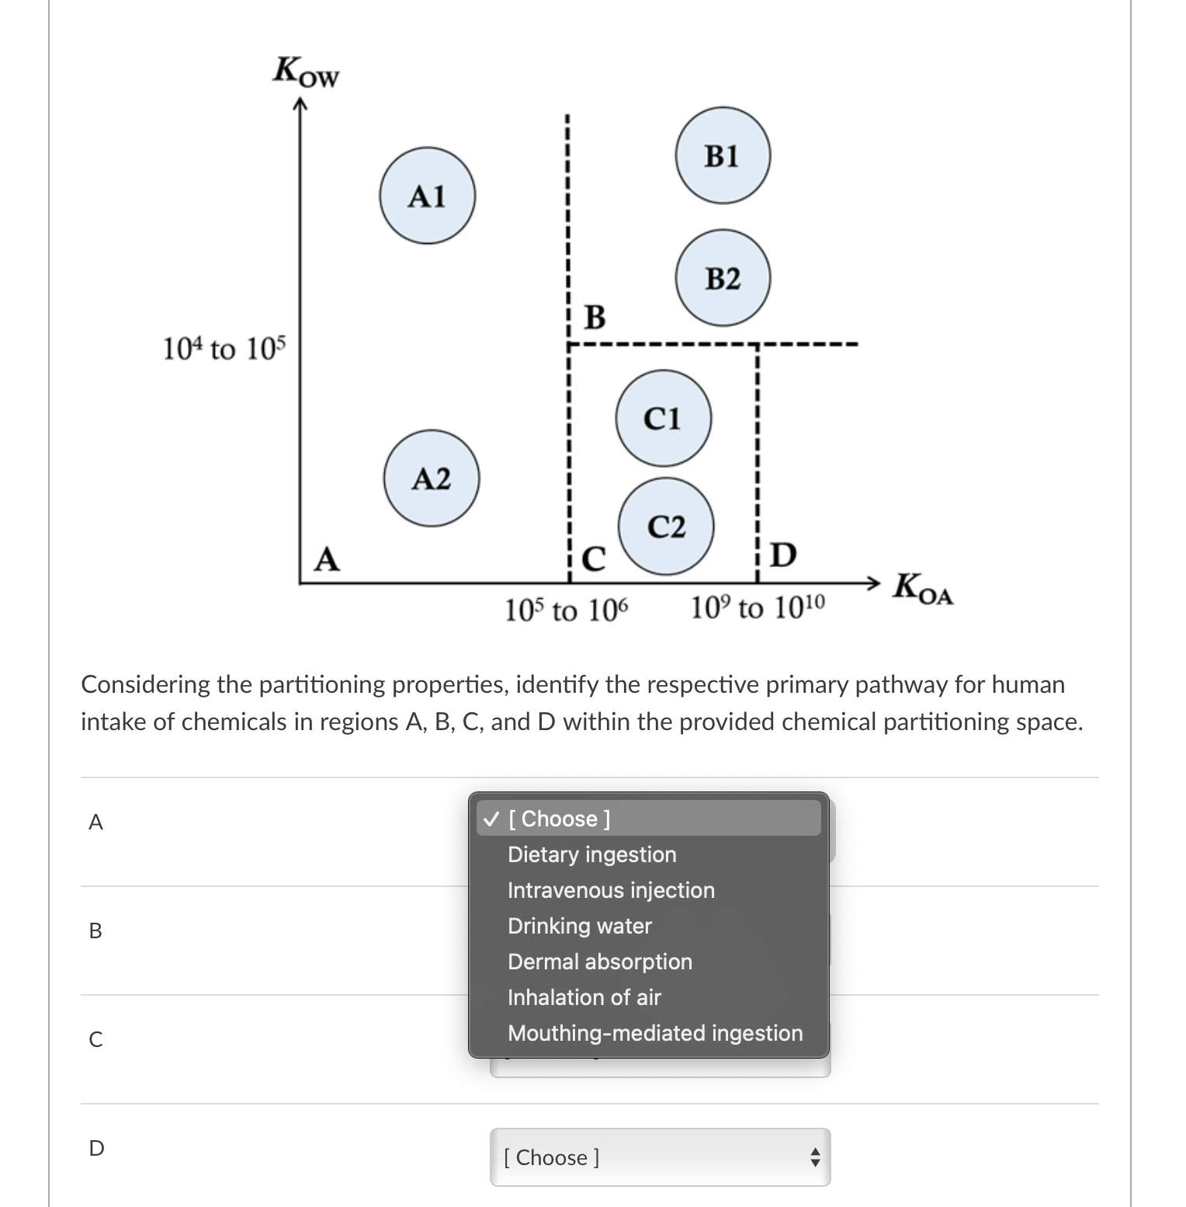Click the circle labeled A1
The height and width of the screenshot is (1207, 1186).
[x=427, y=196]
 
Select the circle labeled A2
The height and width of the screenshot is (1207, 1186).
[x=431, y=478]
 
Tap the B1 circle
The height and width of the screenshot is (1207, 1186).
[x=723, y=155]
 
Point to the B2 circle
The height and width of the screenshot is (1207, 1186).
[x=723, y=277]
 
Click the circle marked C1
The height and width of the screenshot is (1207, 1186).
[x=663, y=419]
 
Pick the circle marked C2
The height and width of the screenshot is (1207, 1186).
[x=667, y=527]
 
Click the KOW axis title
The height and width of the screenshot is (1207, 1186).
[x=306, y=72]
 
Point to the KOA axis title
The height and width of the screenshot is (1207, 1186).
[x=922, y=588]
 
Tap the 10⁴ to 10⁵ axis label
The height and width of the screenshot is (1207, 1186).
[x=224, y=349]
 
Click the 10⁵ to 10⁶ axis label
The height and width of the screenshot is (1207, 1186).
[x=567, y=610]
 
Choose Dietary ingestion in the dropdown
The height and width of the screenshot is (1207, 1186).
[x=591, y=854]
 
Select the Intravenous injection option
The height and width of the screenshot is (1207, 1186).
[x=610, y=890]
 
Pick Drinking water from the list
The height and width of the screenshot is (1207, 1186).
[x=579, y=926]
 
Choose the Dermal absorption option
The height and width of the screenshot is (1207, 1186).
[x=599, y=962]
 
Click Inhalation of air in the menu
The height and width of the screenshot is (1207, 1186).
[x=584, y=997]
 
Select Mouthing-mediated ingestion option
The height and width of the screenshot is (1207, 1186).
[x=654, y=1033]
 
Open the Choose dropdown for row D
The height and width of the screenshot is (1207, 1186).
[x=660, y=1157]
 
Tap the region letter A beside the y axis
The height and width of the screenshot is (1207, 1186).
[x=327, y=559]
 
